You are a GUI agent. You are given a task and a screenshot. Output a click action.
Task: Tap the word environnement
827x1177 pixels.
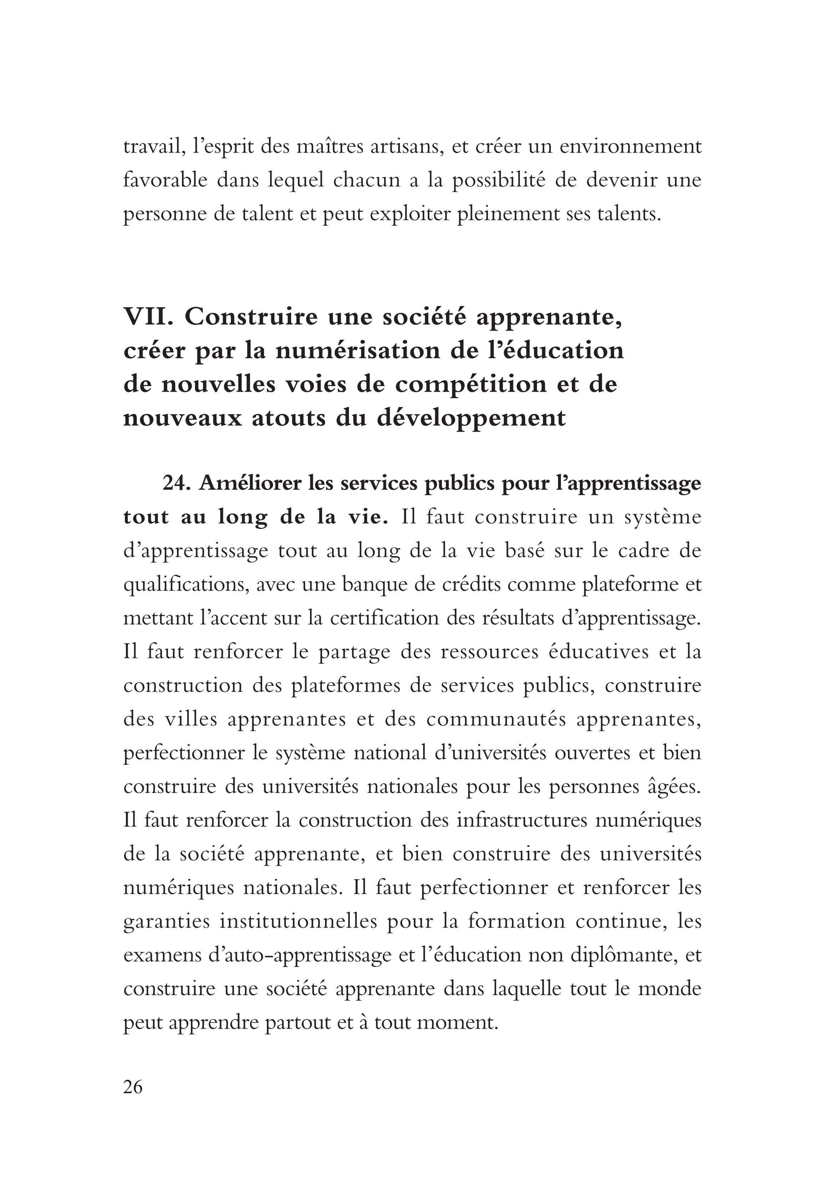point(630,147)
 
